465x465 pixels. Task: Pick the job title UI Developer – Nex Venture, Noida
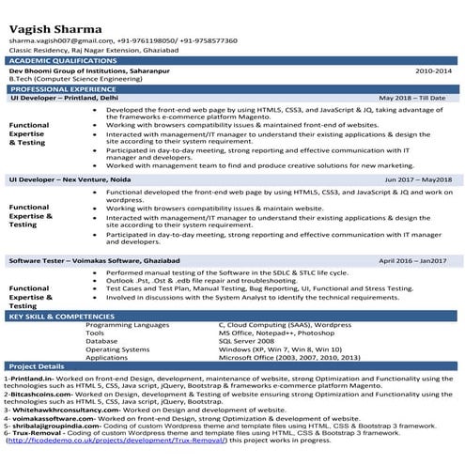point(68,178)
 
